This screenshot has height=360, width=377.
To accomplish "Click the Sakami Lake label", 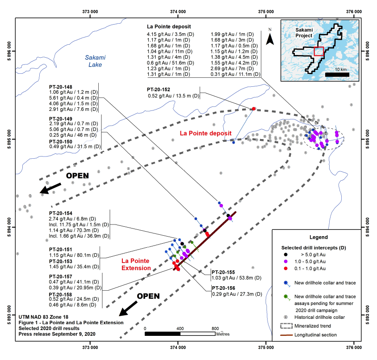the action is pyautogui.click(x=95, y=61).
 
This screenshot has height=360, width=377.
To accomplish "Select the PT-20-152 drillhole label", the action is pyautogui.click(x=159, y=89).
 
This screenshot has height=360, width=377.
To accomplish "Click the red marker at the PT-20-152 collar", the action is pyautogui.click(x=253, y=109).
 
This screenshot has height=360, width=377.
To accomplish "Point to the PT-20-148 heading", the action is pyautogui.click(x=61, y=87).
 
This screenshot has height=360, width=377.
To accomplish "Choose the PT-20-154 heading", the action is pyautogui.click(x=61, y=213).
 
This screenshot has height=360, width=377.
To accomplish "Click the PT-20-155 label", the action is pyautogui.click(x=223, y=272).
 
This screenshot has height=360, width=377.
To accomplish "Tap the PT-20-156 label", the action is pyautogui.click(x=223, y=288).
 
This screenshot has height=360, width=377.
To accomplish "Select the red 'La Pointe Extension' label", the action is pyautogui.click(x=136, y=264).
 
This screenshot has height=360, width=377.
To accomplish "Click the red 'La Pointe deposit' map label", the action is pyautogui.click(x=205, y=133).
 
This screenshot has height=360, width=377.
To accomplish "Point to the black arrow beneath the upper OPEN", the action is pyautogui.click(x=50, y=188).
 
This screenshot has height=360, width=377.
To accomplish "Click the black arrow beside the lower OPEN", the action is pyautogui.click(x=128, y=309).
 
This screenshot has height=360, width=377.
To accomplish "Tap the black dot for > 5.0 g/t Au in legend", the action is pyautogui.click(x=285, y=254).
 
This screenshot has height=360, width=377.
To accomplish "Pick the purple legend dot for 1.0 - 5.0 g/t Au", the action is pyautogui.click(x=285, y=261).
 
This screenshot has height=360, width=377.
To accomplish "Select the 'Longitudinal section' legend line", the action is pyautogui.click(x=286, y=335).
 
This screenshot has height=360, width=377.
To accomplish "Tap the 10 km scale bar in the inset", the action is pyautogui.click(x=337, y=75).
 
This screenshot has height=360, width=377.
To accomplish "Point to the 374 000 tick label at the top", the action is pyautogui.click(x=178, y=12).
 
